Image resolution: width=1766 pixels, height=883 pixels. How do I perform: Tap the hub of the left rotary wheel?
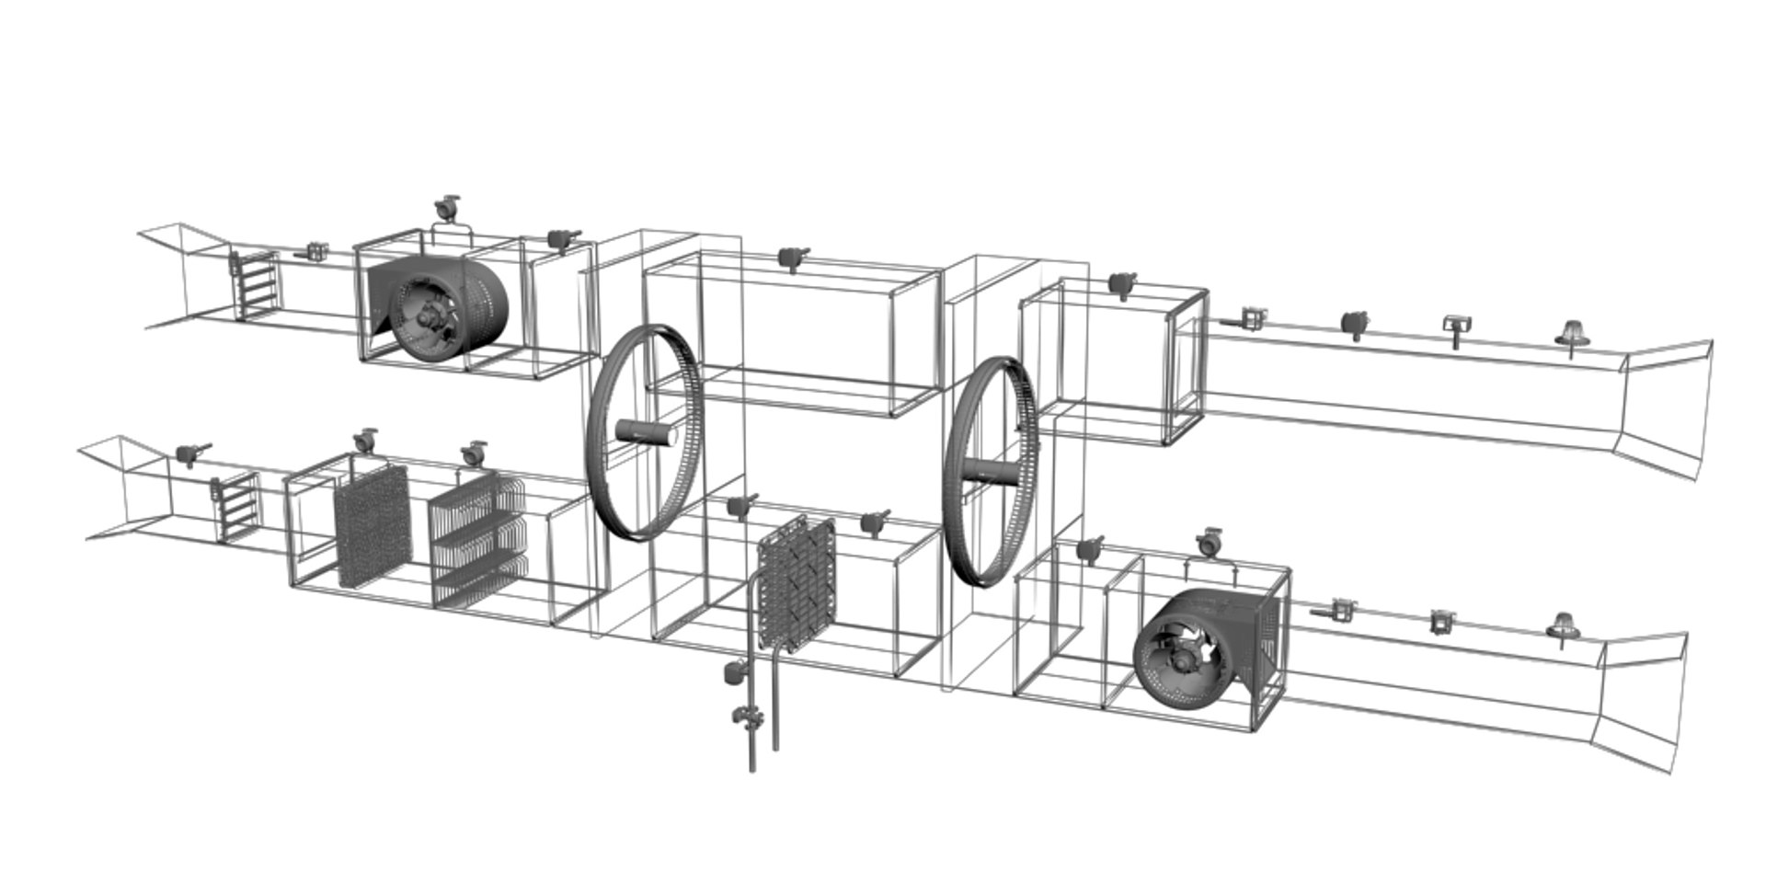(645, 431)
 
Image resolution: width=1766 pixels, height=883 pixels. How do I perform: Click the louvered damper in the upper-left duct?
(253, 284)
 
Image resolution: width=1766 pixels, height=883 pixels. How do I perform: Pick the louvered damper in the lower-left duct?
(236, 506)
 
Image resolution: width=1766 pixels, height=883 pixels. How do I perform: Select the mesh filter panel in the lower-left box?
(372, 524)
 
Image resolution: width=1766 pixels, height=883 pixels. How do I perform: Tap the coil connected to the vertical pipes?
(796, 584)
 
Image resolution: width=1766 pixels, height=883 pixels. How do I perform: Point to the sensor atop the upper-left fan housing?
(447, 208)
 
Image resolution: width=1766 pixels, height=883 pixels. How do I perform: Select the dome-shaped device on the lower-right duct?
(1560, 626)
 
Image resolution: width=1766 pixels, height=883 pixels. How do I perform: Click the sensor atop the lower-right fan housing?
(1209, 542)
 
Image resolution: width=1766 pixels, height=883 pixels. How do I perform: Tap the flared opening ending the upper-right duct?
(1665, 407)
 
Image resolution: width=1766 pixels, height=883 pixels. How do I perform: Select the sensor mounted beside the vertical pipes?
(733, 672)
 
